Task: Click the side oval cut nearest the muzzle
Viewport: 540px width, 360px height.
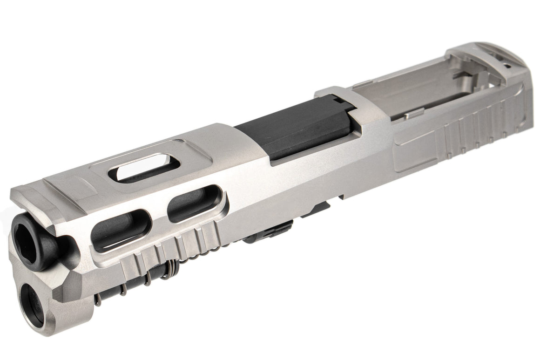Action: point(121,230)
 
